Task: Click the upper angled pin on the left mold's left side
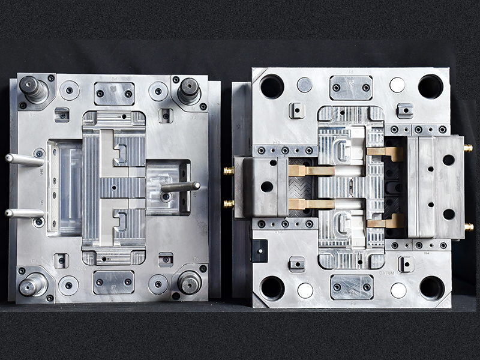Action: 24,159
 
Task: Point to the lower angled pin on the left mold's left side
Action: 24,213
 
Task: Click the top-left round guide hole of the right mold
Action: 272,86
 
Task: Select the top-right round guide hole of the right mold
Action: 430,86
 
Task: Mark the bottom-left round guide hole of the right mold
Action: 272,288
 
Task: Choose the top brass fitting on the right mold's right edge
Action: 468,148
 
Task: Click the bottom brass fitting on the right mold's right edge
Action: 469,227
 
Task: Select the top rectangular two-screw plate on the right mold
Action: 351,88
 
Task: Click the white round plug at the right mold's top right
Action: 397,85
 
